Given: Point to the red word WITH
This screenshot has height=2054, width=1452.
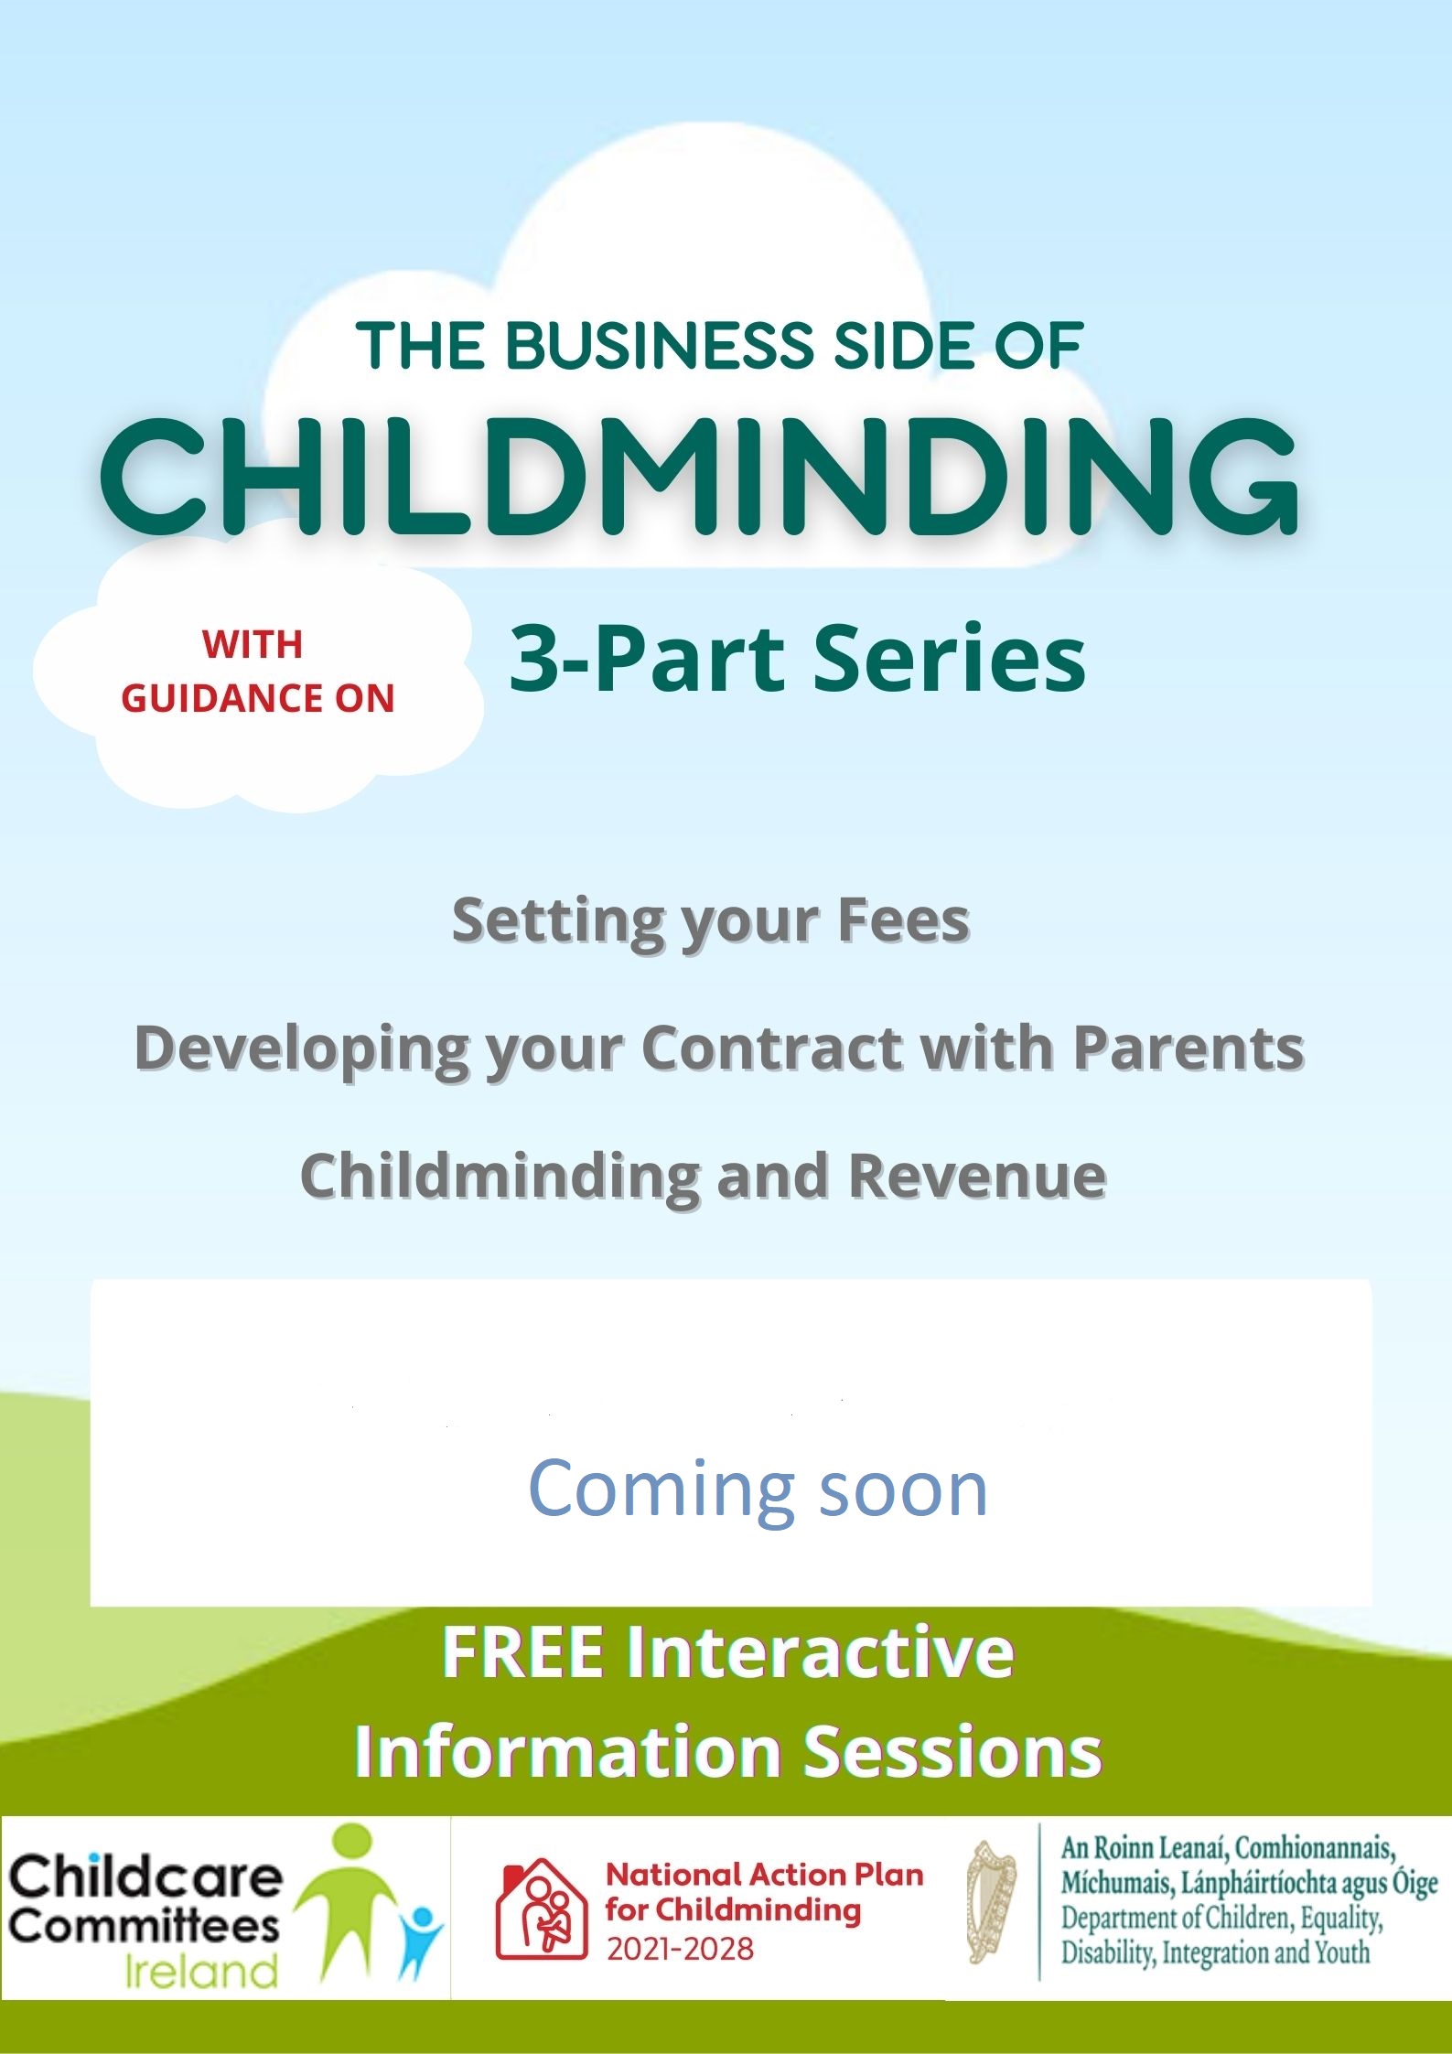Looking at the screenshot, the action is tap(253, 644).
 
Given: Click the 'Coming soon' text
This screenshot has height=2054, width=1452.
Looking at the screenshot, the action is tap(758, 1488).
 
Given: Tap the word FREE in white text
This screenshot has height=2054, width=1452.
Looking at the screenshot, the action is tap(523, 1651).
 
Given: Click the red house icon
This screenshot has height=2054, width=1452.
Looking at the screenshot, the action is tap(541, 1908).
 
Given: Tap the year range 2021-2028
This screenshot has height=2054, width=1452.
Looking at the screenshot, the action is tap(681, 1949).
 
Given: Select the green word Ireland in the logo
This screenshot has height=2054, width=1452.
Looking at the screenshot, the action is tap(201, 1970).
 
